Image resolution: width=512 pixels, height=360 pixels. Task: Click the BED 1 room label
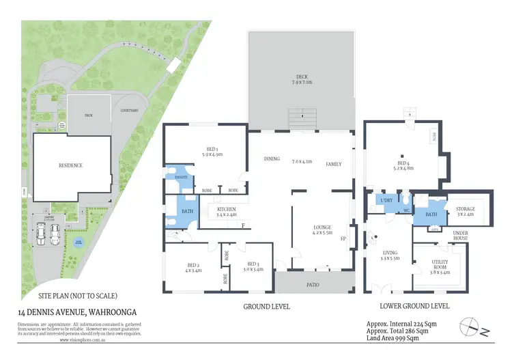tap(212, 148)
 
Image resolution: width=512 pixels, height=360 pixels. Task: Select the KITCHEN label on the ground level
tap(227, 209)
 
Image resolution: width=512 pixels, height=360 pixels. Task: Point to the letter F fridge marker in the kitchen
tap(242, 225)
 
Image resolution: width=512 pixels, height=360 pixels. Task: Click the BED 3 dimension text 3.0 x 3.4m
tap(254, 268)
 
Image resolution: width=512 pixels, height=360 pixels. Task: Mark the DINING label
tap(272, 159)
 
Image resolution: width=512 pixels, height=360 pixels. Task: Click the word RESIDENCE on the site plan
tap(70, 165)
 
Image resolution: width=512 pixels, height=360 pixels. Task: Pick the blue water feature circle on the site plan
tap(78, 242)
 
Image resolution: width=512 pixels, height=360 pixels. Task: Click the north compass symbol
tap(474, 329)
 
